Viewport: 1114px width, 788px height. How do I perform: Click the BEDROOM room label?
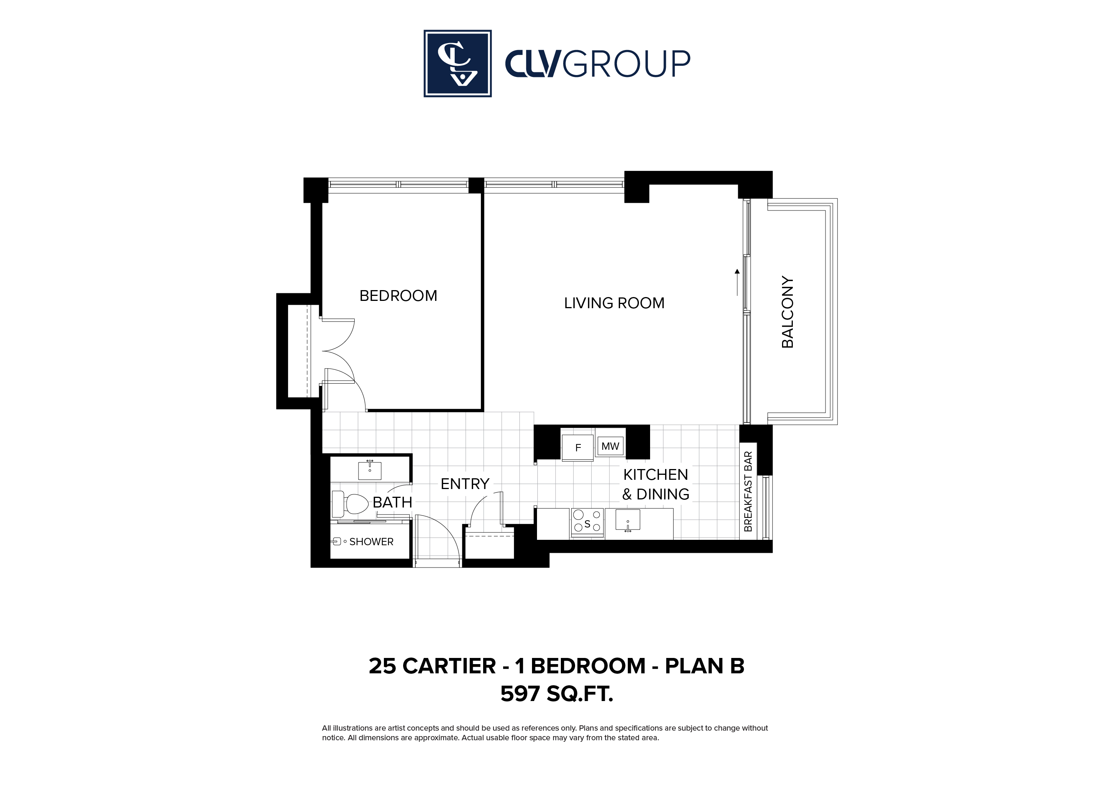(399, 295)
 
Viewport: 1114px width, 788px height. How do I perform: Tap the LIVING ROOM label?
(614, 303)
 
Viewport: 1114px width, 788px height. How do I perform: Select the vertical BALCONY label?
(787, 312)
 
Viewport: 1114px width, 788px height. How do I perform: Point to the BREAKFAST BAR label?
(748, 491)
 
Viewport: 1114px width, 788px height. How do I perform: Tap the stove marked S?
(587, 523)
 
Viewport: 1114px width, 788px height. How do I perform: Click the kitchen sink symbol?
(628, 520)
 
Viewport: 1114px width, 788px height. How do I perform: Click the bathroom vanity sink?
(370, 470)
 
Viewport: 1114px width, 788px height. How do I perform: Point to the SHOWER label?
(371, 541)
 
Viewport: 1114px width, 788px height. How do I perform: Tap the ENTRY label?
(465, 484)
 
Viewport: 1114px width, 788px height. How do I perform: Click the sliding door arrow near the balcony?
(737, 282)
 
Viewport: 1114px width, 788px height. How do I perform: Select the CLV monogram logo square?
(457, 63)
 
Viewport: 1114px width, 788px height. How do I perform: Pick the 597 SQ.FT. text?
(557, 694)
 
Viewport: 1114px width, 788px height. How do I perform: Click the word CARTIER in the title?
(449, 666)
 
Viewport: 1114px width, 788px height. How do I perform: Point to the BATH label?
(392, 502)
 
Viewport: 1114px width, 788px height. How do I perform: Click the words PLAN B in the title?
(704, 666)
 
